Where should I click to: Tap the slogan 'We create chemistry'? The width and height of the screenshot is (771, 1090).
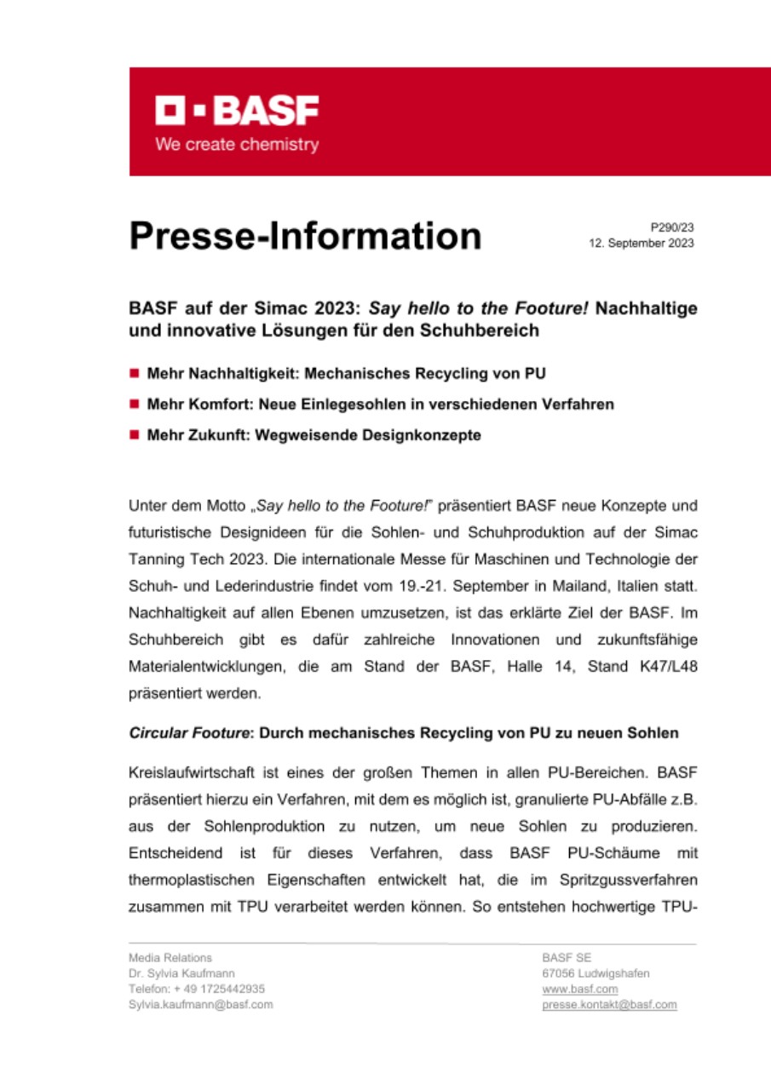pos(236,145)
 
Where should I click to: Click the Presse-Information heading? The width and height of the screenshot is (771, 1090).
pos(305,235)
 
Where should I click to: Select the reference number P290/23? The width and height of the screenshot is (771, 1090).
pos(672,227)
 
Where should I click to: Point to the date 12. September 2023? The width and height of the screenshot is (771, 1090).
pos(642,244)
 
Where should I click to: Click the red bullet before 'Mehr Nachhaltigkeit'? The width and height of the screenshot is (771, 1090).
pos(134,374)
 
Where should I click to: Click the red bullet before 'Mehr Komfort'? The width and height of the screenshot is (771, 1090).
pos(134,404)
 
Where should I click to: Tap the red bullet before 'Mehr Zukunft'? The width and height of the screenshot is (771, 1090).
pos(134,435)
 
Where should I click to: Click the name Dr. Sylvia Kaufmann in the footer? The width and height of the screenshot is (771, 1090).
pos(181,973)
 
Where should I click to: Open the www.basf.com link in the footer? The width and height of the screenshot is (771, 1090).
pos(580,989)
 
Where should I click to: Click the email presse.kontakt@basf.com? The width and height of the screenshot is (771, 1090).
pos(609,1005)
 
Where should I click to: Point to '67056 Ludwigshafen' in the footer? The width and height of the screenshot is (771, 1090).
pos(596,973)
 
